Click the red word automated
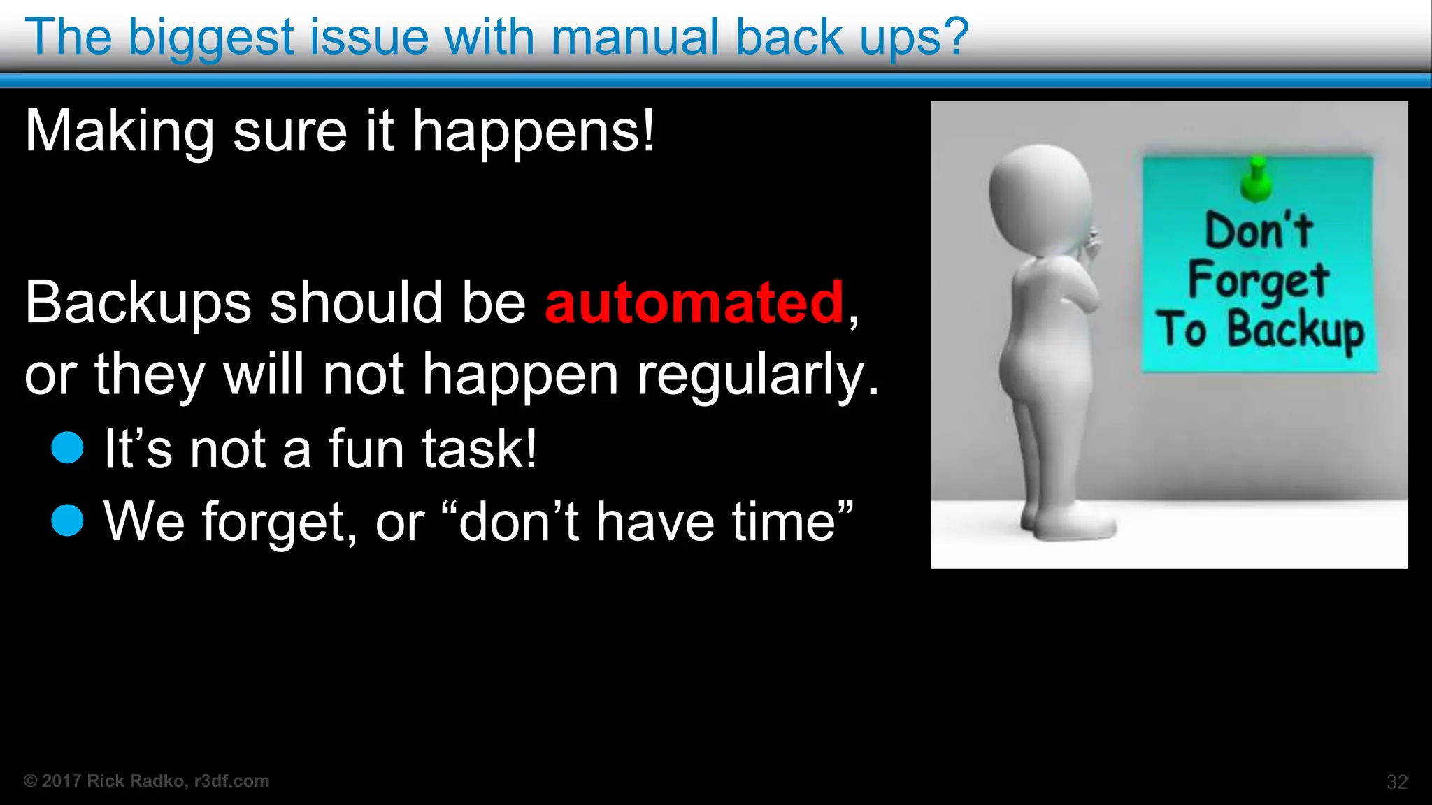(694, 302)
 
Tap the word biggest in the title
(211, 38)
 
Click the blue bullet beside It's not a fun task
(68, 447)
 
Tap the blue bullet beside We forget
(68, 520)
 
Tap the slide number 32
(1396, 781)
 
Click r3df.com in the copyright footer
(231, 781)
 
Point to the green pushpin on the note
(1256, 179)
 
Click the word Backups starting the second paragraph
(138, 303)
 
